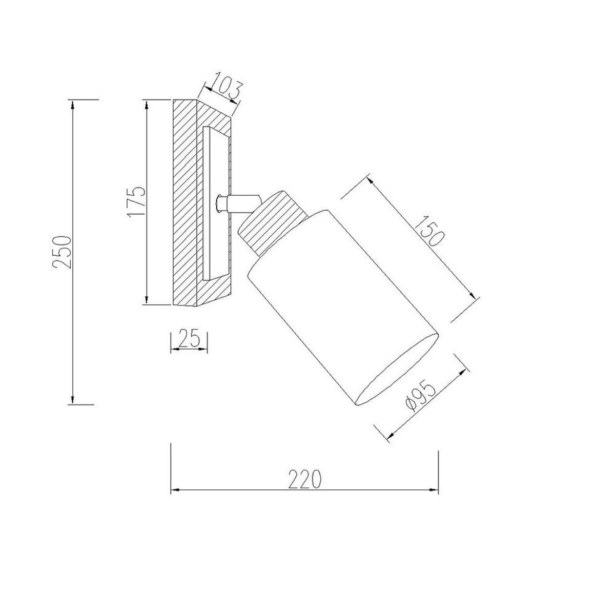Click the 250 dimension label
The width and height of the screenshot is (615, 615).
click(x=61, y=252)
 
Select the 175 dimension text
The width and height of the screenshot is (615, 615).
click(x=136, y=201)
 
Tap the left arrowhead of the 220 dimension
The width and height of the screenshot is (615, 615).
click(x=175, y=490)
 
